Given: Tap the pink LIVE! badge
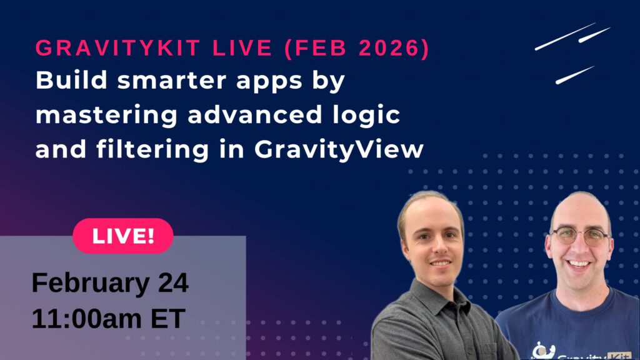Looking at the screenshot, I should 123,236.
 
